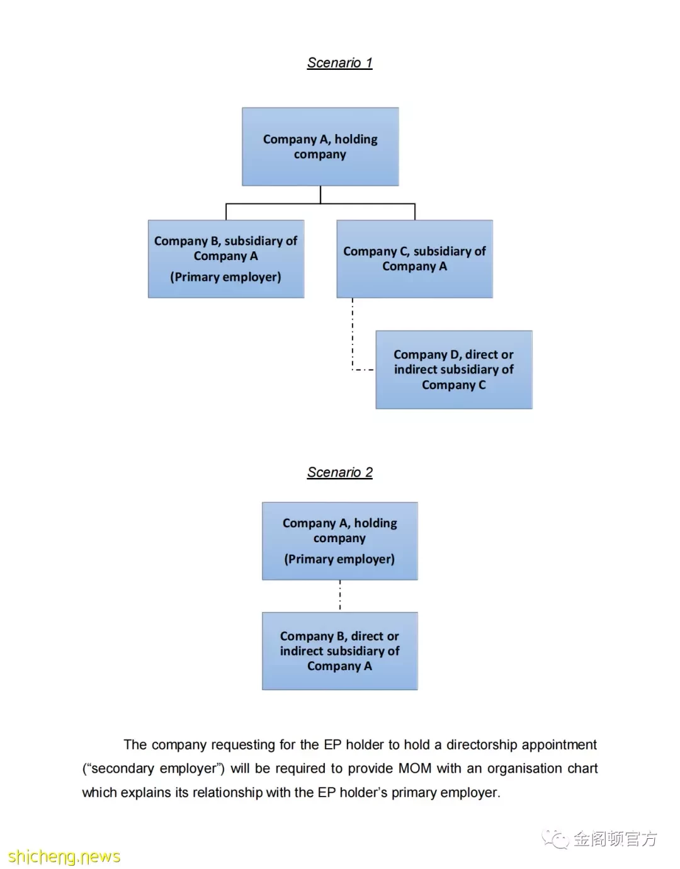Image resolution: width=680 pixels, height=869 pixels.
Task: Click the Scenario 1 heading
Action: [x=339, y=63]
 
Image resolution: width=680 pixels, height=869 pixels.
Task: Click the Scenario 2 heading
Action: [x=339, y=472]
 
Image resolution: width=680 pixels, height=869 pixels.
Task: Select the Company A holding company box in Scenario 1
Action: [x=320, y=146]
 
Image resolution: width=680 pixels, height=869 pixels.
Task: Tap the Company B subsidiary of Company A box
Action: [x=226, y=259]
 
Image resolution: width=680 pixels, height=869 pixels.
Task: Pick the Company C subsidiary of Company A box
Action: [x=414, y=259]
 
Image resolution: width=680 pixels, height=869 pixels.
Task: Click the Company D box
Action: [x=454, y=370]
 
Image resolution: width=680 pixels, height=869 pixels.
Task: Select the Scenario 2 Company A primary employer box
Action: [x=340, y=541]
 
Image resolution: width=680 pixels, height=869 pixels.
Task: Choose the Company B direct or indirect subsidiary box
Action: [x=340, y=650]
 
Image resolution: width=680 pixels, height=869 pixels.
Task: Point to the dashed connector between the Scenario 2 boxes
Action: [x=340, y=596]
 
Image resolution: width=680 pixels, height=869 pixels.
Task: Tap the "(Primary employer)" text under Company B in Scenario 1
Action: [x=225, y=276]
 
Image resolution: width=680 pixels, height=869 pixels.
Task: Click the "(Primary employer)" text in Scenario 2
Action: [x=339, y=559]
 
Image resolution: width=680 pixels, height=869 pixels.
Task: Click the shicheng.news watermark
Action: [x=64, y=856]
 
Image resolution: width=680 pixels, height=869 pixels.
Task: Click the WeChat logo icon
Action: [x=555, y=839]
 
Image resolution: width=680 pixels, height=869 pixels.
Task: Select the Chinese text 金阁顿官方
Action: [x=615, y=839]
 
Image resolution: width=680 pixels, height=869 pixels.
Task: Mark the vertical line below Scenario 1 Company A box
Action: [x=320, y=195]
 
